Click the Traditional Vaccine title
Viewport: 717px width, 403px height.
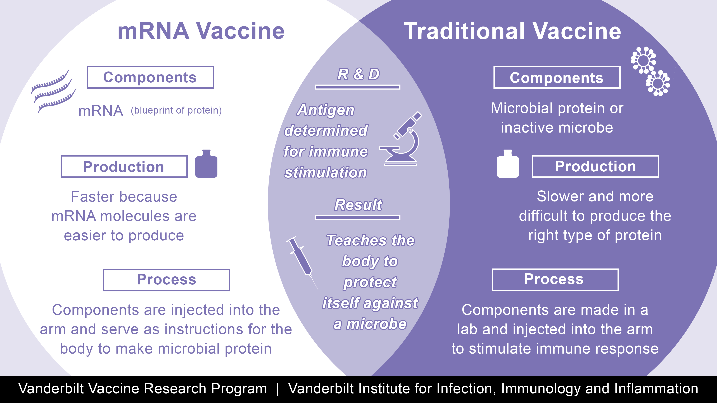pyautogui.click(x=512, y=31)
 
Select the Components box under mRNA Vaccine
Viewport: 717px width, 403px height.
pyautogui.click(x=150, y=77)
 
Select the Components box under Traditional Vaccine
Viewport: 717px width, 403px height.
pyautogui.click(x=557, y=78)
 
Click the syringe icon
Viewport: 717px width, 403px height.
pyautogui.click(x=301, y=260)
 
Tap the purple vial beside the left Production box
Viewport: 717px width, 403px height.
pyautogui.click(x=206, y=164)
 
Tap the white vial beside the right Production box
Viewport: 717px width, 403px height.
pyautogui.click(x=507, y=164)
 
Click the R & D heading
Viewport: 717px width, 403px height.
pyautogui.click(x=358, y=74)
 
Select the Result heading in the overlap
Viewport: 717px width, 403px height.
pyautogui.click(x=358, y=205)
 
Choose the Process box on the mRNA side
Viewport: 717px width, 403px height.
pyautogui.click(x=167, y=280)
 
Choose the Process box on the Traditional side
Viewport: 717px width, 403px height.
pyautogui.click(x=555, y=280)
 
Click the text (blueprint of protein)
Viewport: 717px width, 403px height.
pyautogui.click(x=176, y=110)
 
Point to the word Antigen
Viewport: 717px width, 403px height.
pyautogui.click(x=326, y=110)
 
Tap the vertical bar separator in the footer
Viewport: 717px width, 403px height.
pyautogui.click(x=277, y=389)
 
